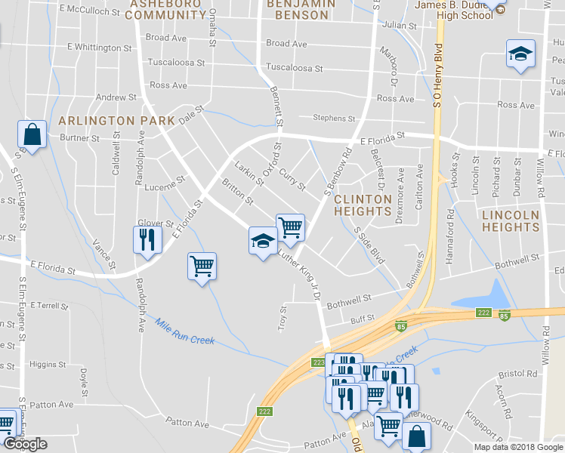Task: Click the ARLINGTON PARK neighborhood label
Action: coord(116,121)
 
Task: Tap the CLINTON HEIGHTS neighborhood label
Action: coord(363,205)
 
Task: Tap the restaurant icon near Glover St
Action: coord(147,240)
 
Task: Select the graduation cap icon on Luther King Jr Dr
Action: coord(263,241)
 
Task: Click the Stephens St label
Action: coord(334,119)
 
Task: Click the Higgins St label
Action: coord(48,364)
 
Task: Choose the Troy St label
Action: coord(283,318)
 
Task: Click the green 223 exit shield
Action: coord(318,362)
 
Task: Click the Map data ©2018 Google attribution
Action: coord(517,447)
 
